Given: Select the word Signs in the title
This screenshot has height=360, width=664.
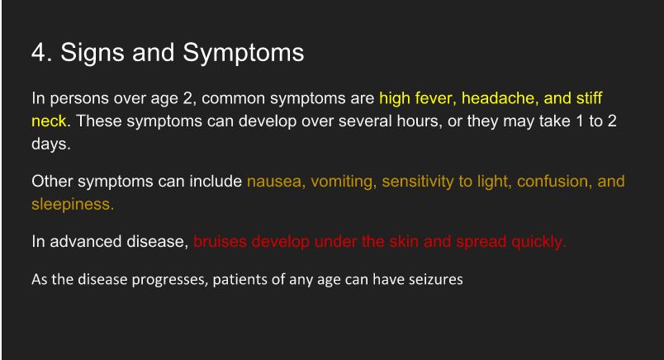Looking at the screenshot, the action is click(x=92, y=54).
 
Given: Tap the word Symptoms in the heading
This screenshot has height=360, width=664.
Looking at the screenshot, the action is click(x=244, y=54).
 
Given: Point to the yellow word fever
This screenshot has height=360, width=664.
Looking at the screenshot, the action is click(x=435, y=98).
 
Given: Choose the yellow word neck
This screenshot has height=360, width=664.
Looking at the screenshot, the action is click(x=49, y=121).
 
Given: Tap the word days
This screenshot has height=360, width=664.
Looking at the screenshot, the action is click(x=51, y=144).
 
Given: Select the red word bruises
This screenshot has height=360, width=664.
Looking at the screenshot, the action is click(x=221, y=241).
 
